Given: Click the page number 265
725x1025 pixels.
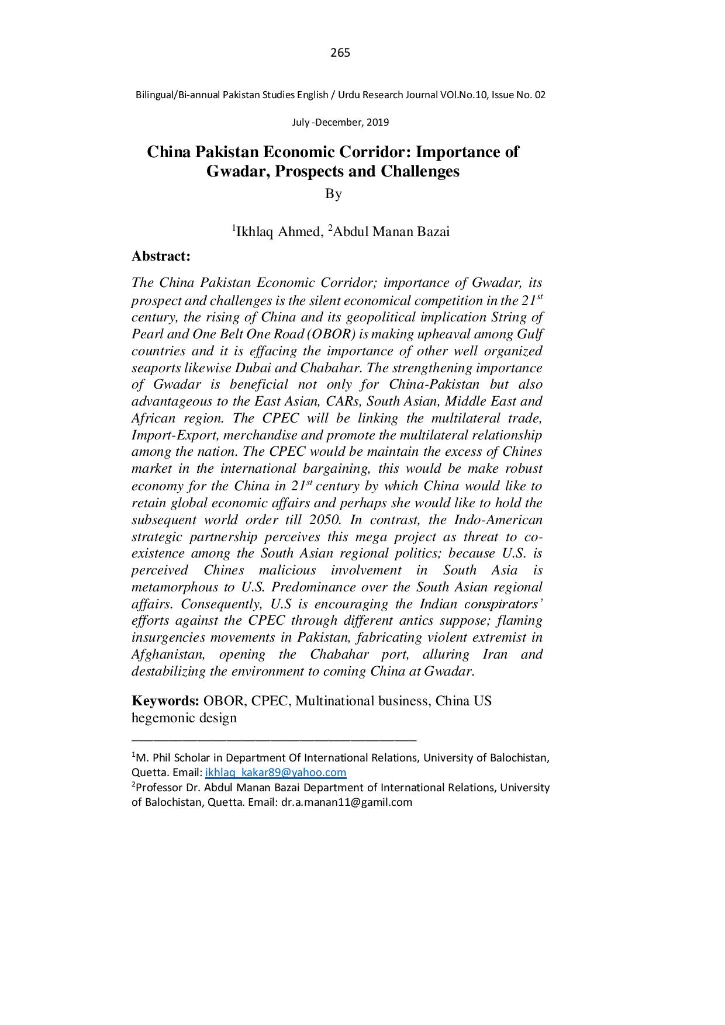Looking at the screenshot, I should pos(340,53).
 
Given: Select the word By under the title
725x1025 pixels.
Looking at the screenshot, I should pos(333,193).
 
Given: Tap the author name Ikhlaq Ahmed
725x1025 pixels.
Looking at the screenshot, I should pos(278,232).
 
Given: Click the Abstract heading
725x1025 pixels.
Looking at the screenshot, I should pos(161,256).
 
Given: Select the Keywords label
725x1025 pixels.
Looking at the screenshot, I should pos(165,701).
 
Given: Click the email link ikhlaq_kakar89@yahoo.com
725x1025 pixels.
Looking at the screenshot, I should pos(275,773).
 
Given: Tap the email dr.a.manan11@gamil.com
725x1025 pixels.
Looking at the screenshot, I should pos(347,802).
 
